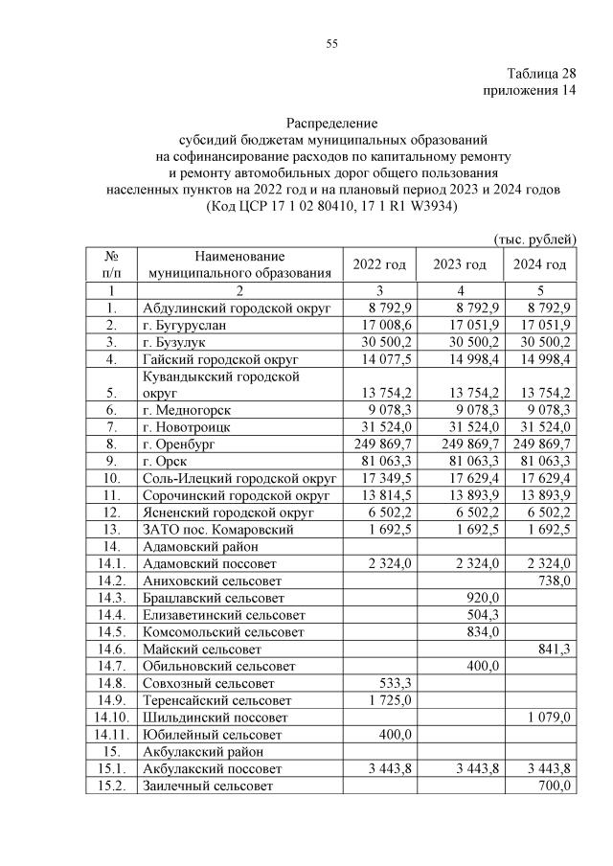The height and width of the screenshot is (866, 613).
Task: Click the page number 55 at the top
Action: (332, 44)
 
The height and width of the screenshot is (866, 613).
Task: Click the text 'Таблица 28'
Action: (541, 74)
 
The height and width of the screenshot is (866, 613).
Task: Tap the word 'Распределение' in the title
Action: (332, 124)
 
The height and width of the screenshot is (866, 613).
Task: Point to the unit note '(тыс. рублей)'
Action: (534, 238)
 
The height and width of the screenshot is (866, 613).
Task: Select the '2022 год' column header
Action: (380, 264)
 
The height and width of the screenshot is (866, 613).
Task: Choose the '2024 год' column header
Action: (540, 264)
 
